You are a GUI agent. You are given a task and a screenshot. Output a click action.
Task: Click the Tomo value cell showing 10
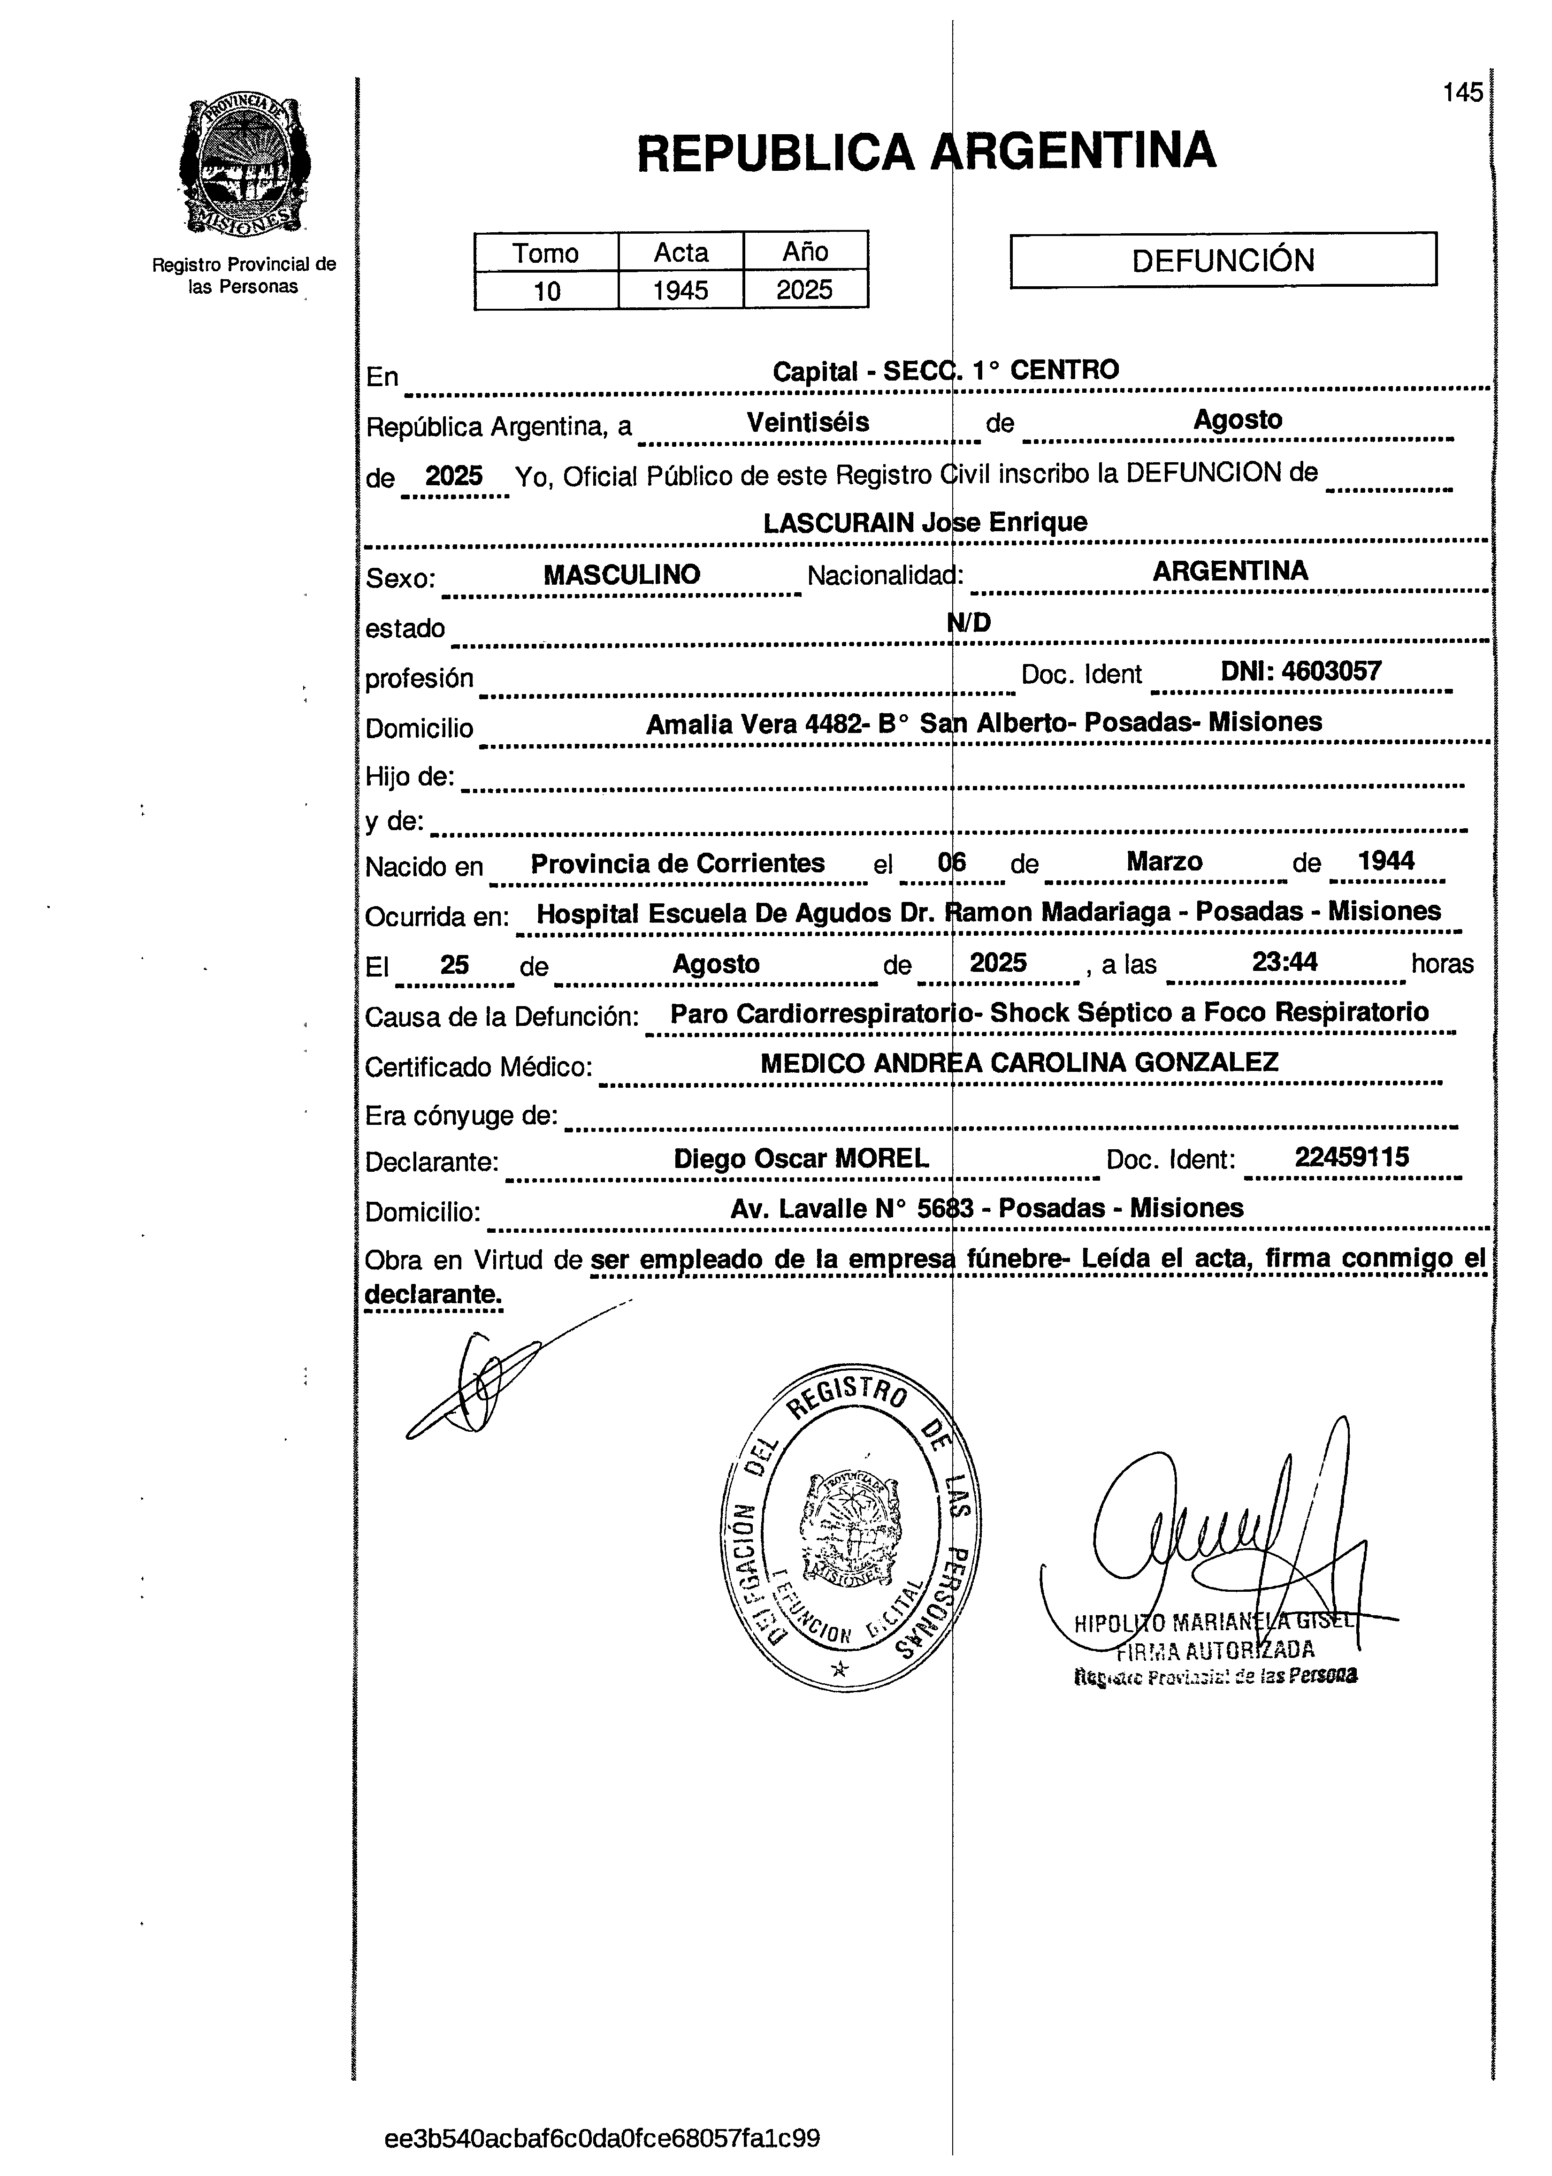coord(547,290)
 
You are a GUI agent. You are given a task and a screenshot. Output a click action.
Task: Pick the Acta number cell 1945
coord(680,290)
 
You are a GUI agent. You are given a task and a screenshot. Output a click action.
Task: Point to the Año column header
coord(805,252)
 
